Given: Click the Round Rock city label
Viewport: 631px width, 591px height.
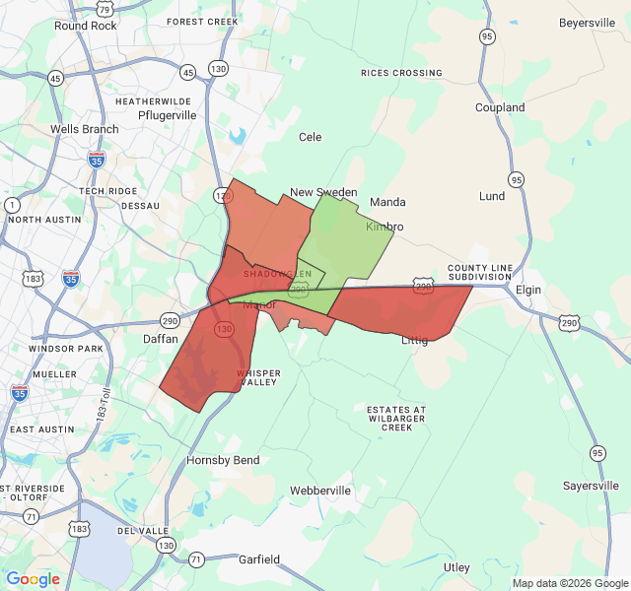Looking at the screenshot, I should tap(85, 26).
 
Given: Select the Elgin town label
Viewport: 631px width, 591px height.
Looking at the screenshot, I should tap(528, 291).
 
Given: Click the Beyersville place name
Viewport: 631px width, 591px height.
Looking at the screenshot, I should tap(587, 23).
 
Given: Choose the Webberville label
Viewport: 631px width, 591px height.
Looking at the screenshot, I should tap(320, 491).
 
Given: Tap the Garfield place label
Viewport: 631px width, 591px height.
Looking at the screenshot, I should tap(259, 559).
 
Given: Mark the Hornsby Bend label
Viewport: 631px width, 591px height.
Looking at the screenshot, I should tap(223, 460).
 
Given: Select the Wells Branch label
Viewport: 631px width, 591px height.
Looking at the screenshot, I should tap(85, 129).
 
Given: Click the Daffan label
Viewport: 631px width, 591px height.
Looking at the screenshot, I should tap(161, 338).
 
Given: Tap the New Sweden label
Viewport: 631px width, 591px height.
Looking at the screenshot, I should tap(323, 192).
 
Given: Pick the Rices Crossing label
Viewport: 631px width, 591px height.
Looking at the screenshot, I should tap(401, 73).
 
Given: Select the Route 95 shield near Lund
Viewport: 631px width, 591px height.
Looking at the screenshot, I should tap(516, 179).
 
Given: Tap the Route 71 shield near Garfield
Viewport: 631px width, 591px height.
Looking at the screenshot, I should tap(196, 559).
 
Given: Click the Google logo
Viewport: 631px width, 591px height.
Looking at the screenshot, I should tap(33, 579).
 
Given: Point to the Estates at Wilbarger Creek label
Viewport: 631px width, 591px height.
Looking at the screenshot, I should tap(396, 418).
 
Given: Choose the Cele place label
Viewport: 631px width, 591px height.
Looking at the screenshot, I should tap(311, 137).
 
